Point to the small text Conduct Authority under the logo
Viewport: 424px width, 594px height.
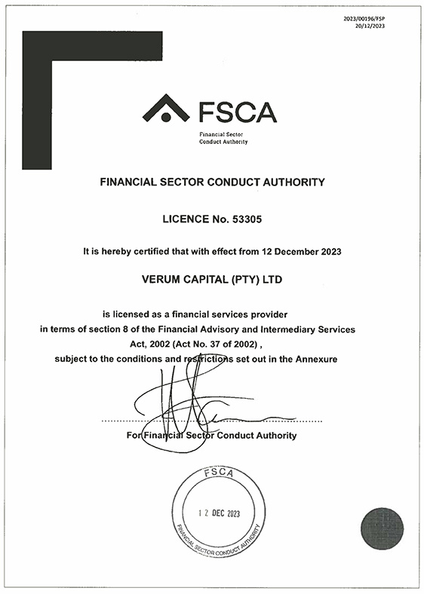223,142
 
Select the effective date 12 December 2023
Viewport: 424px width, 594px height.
303,251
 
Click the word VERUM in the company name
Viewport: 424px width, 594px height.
165,280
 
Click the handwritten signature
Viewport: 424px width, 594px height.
181,407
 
